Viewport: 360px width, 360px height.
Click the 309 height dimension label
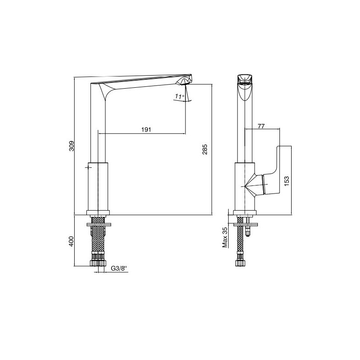coord(72,146)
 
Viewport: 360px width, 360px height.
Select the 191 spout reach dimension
coord(146,130)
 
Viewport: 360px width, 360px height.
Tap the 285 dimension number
coord(205,149)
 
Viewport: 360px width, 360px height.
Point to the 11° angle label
coord(180,96)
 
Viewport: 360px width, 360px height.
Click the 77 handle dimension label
coord(261,126)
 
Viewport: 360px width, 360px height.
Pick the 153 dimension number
coord(287,181)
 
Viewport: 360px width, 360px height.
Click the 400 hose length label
coord(72,241)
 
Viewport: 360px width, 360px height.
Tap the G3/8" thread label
coord(119,268)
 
